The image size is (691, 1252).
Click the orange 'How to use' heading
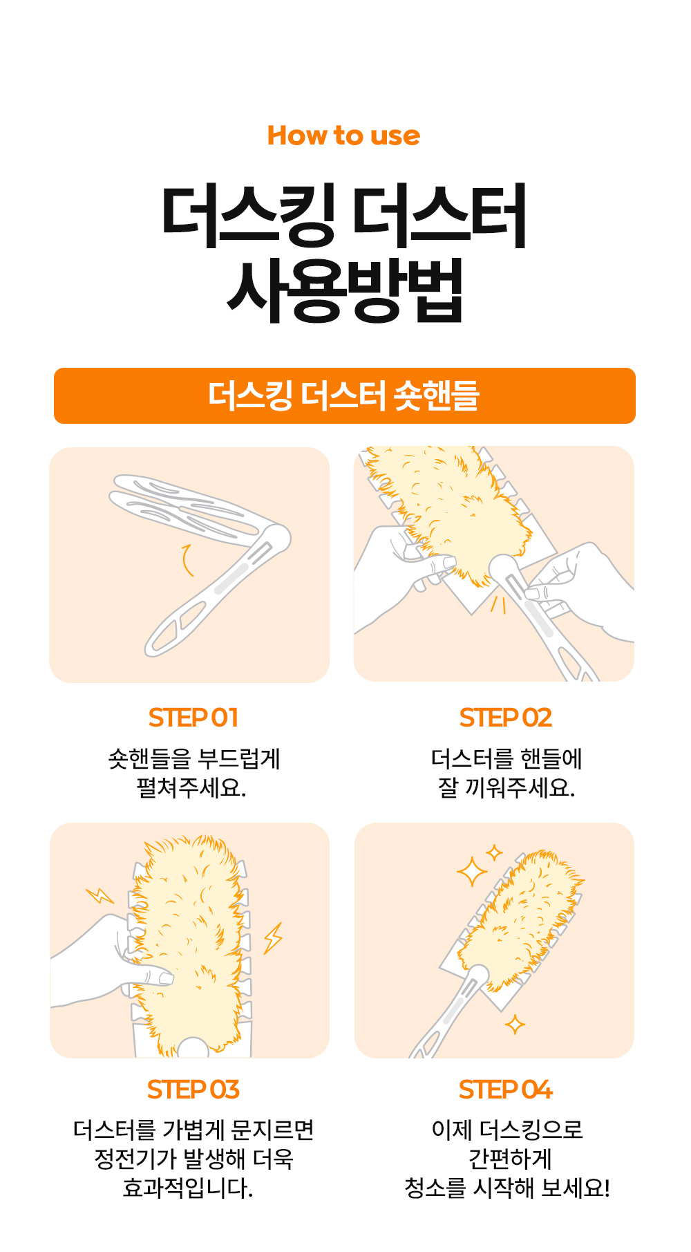tap(343, 136)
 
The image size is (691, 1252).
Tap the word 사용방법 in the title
tap(345, 290)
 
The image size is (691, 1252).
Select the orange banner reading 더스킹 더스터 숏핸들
tap(345, 395)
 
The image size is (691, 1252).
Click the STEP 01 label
tap(193, 718)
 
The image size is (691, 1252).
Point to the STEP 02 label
tap(506, 718)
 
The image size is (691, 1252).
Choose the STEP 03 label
tap(193, 1090)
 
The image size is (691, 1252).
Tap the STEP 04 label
tap(506, 1090)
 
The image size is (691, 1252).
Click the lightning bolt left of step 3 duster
tap(100, 896)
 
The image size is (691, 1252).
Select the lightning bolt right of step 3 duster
tap(274, 937)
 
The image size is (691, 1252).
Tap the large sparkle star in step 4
tap(473, 872)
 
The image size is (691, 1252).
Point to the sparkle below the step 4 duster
tap(515, 1024)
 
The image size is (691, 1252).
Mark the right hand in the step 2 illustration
tap(580, 588)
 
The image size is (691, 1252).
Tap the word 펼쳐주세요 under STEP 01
tap(191, 787)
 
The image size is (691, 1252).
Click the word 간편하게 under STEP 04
tap(510, 1159)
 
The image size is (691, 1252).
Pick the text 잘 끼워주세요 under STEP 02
tap(507, 787)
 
